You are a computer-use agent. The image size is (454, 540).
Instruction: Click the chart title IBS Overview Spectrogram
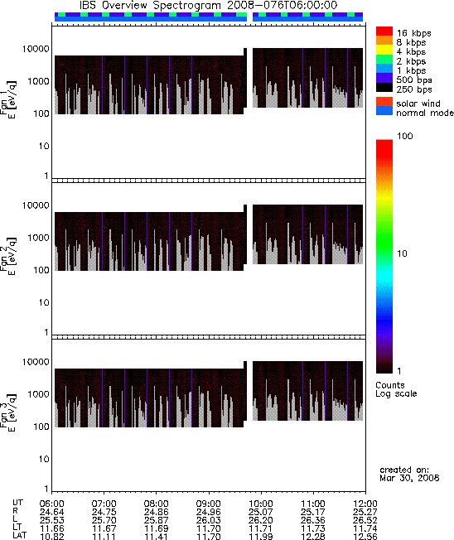tap(150, 6)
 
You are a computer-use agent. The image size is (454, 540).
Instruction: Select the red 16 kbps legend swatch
tap(384, 31)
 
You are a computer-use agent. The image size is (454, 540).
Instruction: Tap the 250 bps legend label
tap(413, 89)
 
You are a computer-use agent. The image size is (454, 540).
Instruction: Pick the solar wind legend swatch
tap(384, 102)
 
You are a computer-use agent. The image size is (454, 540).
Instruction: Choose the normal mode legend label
tap(425, 113)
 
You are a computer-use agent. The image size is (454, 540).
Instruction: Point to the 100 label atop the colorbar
tap(405, 136)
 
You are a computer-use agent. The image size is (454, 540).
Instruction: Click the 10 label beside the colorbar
tap(402, 253)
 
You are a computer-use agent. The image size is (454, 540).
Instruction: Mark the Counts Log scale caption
tap(396, 389)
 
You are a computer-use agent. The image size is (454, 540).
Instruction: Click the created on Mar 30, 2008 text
tap(409, 474)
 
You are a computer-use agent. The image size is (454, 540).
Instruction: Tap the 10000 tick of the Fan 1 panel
tap(36, 49)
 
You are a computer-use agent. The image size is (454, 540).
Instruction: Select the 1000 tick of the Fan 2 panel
tap(38, 238)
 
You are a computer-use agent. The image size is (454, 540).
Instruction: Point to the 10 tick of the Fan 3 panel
tap(44, 459)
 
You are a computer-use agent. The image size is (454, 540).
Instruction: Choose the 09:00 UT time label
tap(208, 504)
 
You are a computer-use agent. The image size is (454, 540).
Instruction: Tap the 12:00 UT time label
tap(365, 504)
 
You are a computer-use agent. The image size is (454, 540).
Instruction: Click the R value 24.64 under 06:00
tap(51, 512)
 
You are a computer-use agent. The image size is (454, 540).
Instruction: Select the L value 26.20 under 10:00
tap(260, 520)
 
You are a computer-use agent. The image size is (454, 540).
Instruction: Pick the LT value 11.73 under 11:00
tap(313, 528)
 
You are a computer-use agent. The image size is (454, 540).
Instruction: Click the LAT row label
tap(19, 536)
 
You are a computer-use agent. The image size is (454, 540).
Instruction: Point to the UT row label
tap(18, 504)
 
